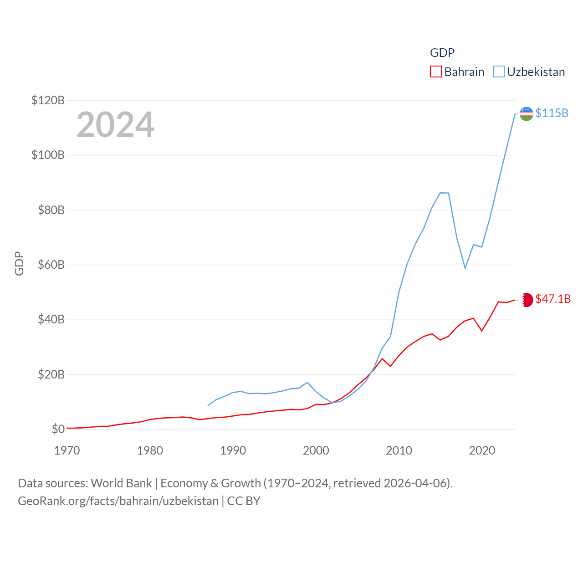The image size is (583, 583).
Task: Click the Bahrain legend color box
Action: point(436,72)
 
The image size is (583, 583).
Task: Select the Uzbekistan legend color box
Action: point(499,72)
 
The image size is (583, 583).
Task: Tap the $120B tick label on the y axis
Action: point(48,100)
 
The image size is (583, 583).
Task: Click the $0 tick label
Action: point(58,429)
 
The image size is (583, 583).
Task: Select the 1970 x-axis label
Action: point(67,450)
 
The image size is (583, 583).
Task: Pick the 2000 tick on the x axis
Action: point(316,450)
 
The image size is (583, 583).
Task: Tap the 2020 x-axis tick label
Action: point(482,450)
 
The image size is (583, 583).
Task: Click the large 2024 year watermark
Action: point(115,125)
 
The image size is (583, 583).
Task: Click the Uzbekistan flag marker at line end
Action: point(526,114)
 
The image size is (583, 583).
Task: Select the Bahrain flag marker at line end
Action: point(527,300)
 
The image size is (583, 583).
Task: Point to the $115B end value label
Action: point(552,113)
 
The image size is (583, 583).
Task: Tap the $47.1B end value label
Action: point(553,299)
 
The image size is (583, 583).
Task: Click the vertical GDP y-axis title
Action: point(19,263)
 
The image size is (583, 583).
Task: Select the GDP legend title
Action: point(442,53)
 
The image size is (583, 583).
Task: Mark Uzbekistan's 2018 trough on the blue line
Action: point(465,268)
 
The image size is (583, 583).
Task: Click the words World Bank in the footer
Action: point(121,483)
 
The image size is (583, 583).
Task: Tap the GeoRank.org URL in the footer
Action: point(118,501)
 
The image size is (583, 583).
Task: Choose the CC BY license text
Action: point(244,501)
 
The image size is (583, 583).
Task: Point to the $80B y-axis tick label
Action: point(48,210)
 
